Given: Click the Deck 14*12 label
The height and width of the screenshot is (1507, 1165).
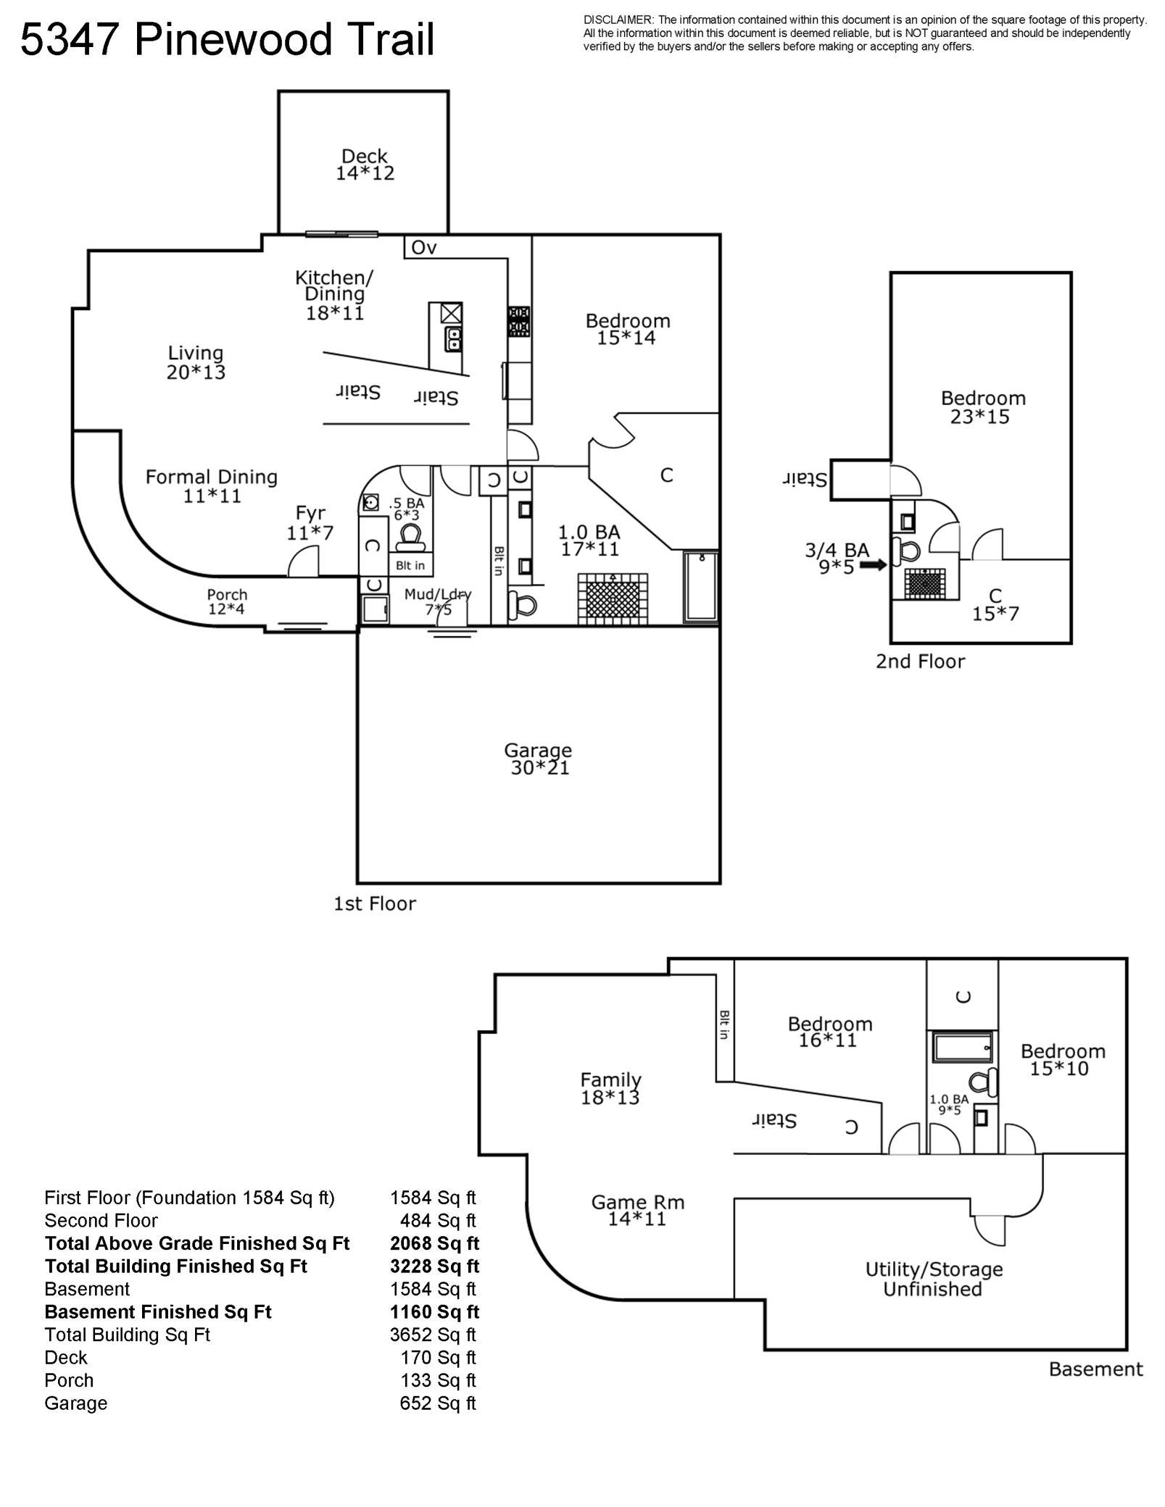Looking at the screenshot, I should pos(365,164).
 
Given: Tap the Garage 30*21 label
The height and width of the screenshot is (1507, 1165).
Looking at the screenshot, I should pos(538,759).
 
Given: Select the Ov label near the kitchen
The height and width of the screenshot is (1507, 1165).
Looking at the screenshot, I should pos(423,248).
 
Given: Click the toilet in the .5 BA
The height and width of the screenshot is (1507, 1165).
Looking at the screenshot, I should pos(410,538).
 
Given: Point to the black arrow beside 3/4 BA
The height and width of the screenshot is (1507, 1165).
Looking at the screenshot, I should pos(874,564).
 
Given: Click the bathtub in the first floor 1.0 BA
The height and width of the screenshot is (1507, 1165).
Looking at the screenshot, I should pos(701,587).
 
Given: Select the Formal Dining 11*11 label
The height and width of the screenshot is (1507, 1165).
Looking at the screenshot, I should pos(212,486).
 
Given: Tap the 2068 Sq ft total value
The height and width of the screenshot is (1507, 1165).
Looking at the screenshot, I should pos(434,1243).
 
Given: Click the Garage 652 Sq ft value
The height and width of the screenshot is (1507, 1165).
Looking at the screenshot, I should pos(437,1403).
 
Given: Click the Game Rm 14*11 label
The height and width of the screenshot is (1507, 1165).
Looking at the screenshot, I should pos(637,1210).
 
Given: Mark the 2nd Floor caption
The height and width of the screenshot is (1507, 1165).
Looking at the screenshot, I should pos(920,661).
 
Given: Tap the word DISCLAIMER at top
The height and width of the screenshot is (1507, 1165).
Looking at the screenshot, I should pos(618,20).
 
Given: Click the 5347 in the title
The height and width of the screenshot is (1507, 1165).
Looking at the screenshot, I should pos(70,40).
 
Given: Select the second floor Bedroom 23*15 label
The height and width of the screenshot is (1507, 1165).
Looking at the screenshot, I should pos(982,407).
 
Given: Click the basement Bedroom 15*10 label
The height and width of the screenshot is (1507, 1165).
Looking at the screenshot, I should pos(1062,1059).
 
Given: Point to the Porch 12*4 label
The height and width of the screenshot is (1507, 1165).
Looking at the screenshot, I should pos(227,601).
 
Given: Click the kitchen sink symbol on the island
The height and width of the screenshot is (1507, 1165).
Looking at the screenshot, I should pos(454,338).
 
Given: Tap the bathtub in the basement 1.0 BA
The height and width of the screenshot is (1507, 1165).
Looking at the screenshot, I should pos(961,1048).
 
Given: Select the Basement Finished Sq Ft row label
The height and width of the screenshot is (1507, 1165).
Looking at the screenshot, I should pos(158,1311).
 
